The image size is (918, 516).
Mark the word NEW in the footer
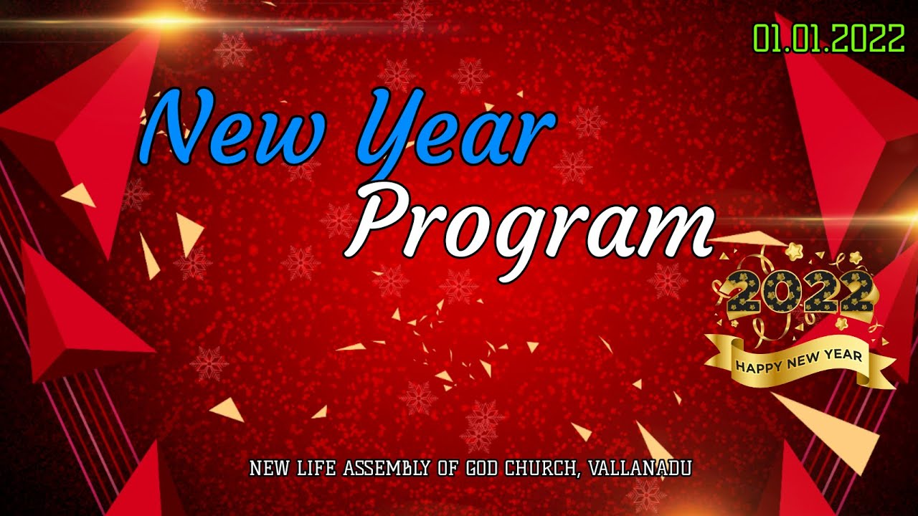point(268,469)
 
